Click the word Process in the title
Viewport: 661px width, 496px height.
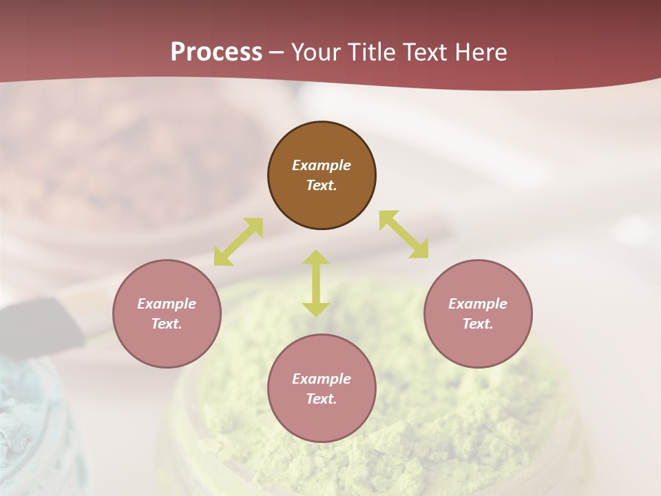[x=216, y=52]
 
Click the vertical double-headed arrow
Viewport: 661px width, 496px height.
[x=316, y=283]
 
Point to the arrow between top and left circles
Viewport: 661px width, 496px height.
[x=238, y=242]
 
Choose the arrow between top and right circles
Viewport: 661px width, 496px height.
[x=403, y=234]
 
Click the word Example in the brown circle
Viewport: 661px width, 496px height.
[x=322, y=165]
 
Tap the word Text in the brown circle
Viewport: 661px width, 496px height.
[x=321, y=185]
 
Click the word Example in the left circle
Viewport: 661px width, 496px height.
[x=167, y=304]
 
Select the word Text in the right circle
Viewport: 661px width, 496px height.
[x=477, y=324]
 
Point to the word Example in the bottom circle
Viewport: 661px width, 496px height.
[x=322, y=379]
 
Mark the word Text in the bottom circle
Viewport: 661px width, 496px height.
[x=321, y=399]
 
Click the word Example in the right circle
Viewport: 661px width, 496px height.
[x=478, y=304]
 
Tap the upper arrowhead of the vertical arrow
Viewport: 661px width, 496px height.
[x=316, y=258]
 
